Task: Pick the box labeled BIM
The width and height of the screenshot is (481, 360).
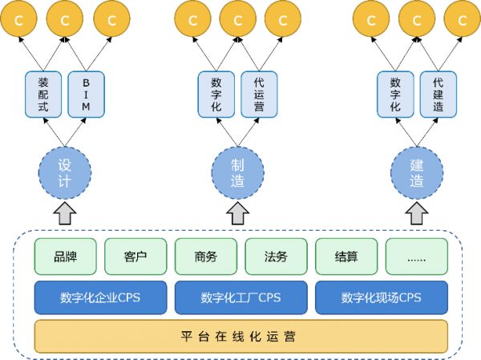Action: pyautogui.click(x=87, y=95)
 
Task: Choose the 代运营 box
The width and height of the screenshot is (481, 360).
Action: pyautogui.click(x=259, y=95)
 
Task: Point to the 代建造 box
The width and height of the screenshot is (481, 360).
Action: pyautogui.click(x=438, y=95)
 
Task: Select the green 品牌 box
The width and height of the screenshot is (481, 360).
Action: pyautogui.click(x=65, y=257)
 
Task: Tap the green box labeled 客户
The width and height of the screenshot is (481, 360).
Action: pyautogui.click(x=135, y=257)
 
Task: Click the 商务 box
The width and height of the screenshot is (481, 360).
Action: pyautogui.click(x=205, y=257)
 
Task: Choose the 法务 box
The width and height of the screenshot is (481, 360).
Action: pyautogui.click(x=276, y=257)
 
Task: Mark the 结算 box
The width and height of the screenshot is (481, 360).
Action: pyautogui.click(x=346, y=257)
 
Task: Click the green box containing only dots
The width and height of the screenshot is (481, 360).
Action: pyautogui.click(x=416, y=257)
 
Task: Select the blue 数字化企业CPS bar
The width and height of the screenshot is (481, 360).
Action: pyautogui.click(x=100, y=297)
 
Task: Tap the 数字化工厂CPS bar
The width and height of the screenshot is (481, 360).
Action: pyautogui.click(x=240, y=297)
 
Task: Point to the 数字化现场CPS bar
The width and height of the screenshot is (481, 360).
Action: pyautogui.click(x=381, y=297)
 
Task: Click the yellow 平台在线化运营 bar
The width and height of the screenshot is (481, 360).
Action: pyautogui.click(x=240, y=336)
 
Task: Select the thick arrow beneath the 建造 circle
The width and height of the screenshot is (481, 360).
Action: pyautogui.click(x=417, y=213)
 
